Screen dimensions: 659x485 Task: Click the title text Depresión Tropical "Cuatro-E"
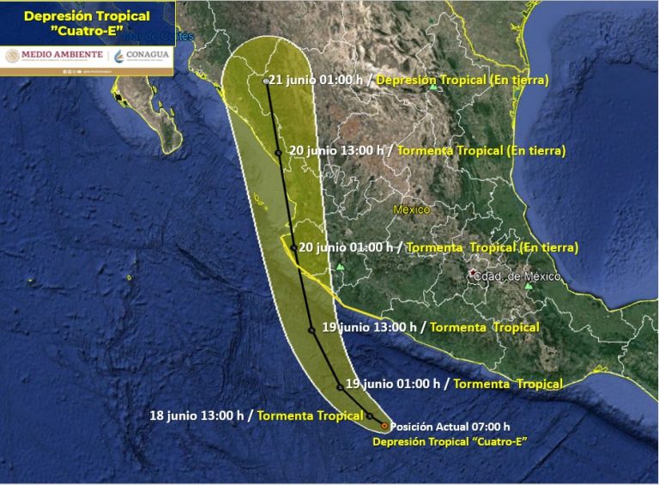[x=87, y=23]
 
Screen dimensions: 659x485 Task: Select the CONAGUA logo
[x=142, y=56]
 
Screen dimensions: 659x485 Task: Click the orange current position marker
[x=384, y=425]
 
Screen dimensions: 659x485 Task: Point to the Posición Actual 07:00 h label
[x=450, y=427]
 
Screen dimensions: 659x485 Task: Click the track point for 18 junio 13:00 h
[x=370, y=415]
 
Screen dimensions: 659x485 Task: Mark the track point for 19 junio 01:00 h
[x=340, y=387]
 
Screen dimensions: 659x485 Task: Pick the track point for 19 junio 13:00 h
[x=311, y=330]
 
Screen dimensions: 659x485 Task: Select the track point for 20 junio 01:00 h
[x=293, y=247]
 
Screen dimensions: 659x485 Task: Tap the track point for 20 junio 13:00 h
[x=278, y=153]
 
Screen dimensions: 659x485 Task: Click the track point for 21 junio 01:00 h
[x=265, y=81]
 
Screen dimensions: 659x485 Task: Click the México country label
[x=412, y=209]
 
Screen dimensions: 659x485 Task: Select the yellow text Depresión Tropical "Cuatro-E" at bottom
[x=449, y=441]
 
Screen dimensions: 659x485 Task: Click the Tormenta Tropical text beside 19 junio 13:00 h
[x=484, y=327]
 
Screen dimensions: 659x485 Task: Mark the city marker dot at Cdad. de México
[x=472, y=273]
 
